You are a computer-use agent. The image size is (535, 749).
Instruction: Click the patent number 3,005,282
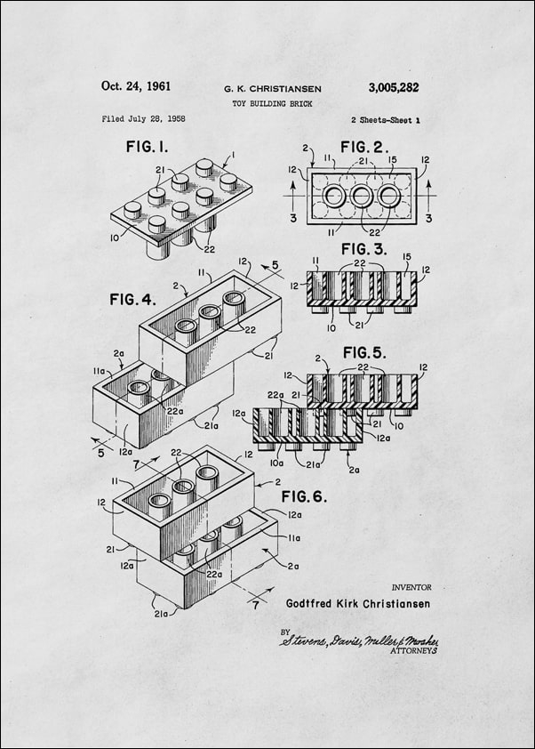coord(393,87)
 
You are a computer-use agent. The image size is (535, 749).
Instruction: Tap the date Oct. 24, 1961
coord(136,86)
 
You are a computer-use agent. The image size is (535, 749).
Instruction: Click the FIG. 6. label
coord(304,495)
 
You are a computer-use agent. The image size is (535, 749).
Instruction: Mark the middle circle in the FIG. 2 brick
coord(362,196)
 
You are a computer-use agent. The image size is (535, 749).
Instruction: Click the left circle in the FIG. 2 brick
coord(334,196)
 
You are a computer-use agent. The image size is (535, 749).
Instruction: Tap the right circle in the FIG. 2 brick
coord(389,196)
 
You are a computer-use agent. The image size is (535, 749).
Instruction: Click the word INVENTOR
coord(411,587)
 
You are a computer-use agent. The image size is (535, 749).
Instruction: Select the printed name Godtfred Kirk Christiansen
coord(358,603)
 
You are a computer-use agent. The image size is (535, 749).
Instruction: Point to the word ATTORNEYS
coord(413,651)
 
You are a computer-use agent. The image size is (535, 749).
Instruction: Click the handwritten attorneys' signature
coord(359,640)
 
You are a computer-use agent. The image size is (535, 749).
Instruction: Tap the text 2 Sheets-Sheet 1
coord(385,119)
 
